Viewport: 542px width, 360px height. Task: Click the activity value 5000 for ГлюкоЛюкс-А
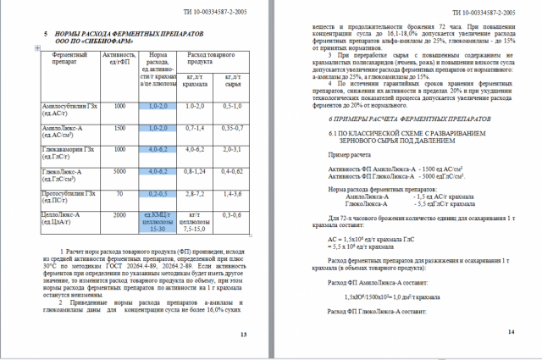[119, 171]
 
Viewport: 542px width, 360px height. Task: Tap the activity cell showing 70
[119, 193]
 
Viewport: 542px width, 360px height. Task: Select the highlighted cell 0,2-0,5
[157, 193]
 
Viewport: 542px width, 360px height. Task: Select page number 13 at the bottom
[244, 335]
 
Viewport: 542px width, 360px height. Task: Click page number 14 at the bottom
[511, 330]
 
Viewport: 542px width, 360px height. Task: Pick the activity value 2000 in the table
[119, 215]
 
